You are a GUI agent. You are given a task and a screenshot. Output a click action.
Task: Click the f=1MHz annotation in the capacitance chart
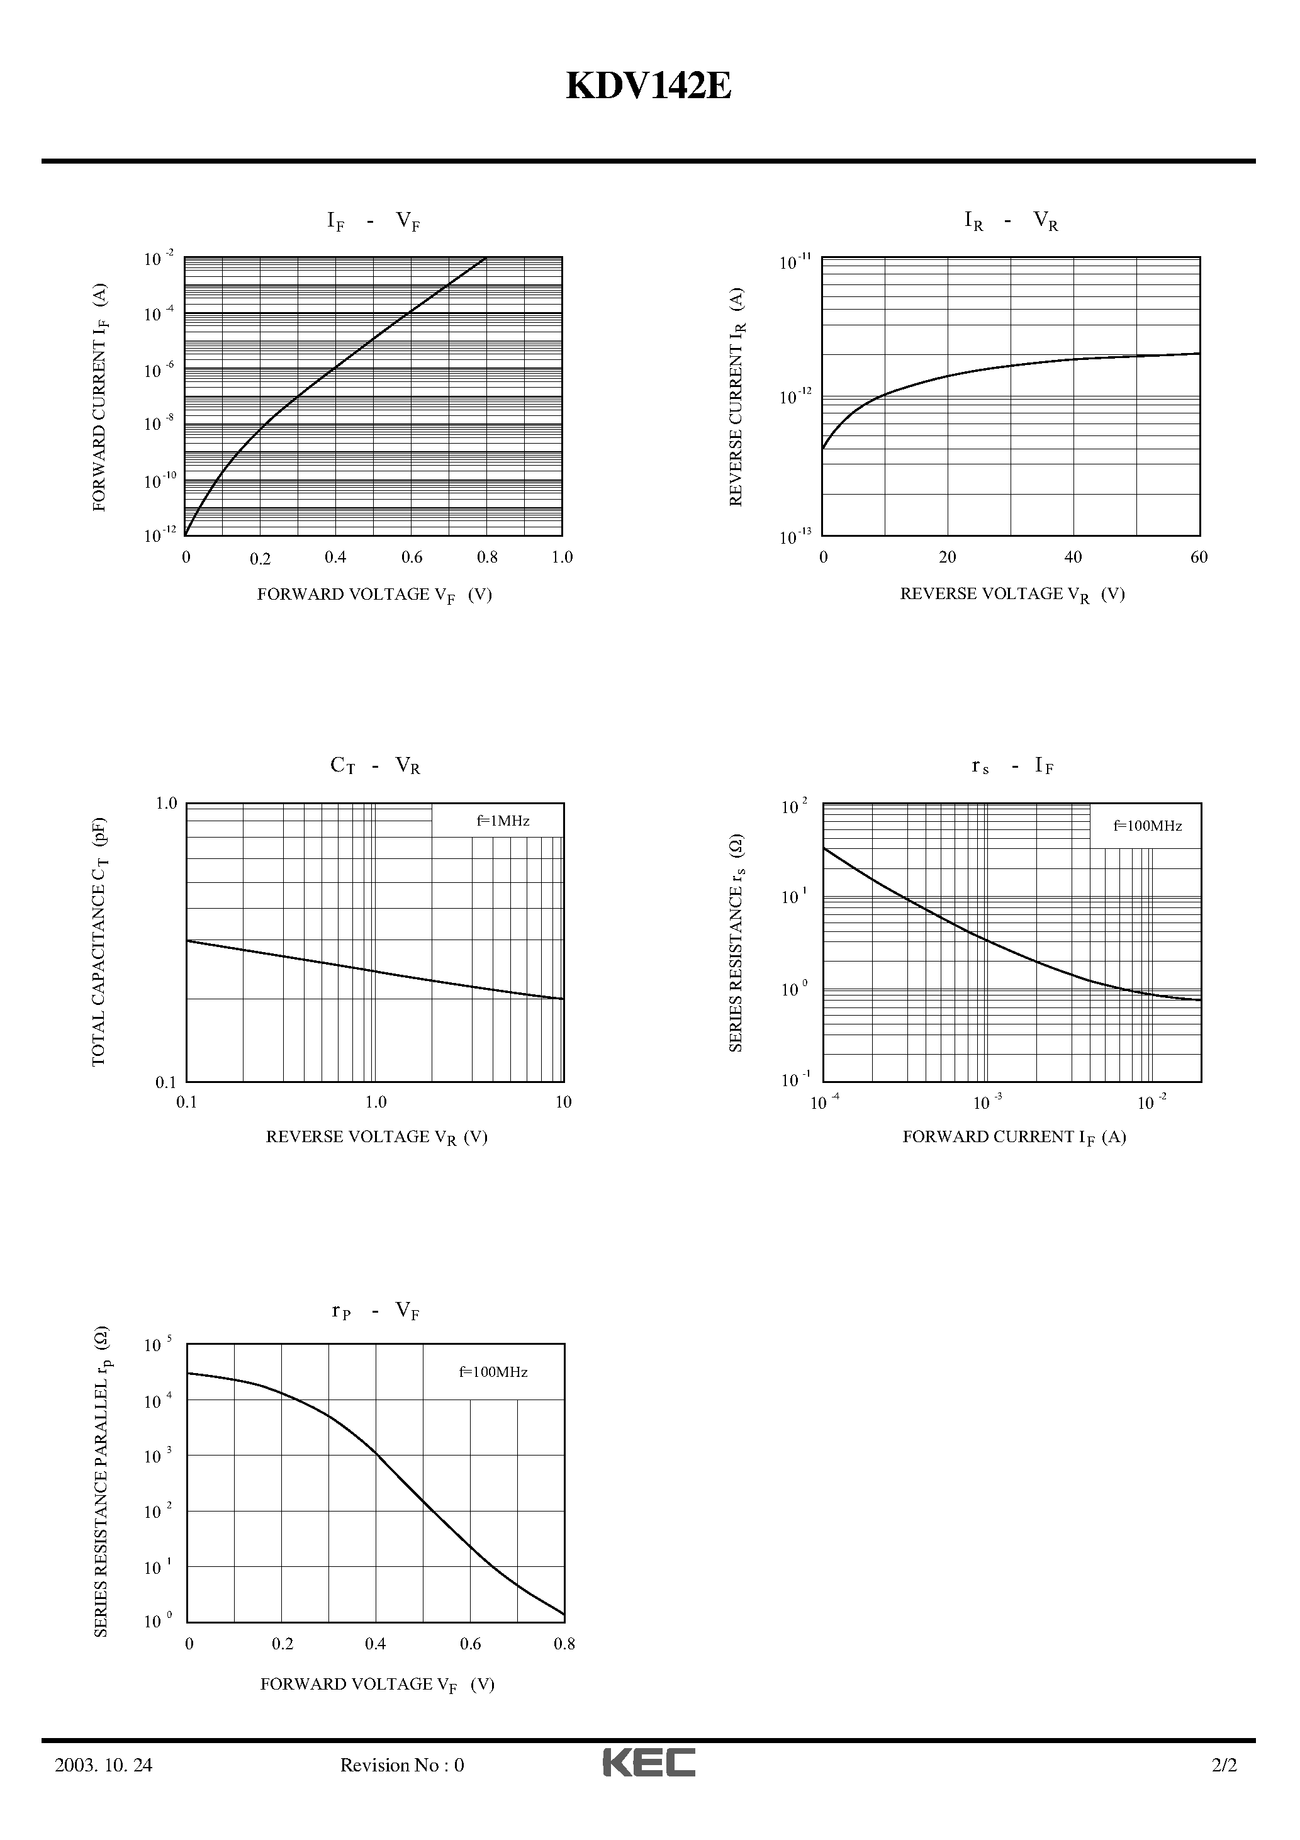[503, 821]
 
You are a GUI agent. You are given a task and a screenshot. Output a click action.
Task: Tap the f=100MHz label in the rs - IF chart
[1148, 826]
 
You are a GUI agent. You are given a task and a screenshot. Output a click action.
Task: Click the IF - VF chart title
[374, 221]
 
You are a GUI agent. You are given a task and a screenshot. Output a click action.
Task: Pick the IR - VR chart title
[1011, 220]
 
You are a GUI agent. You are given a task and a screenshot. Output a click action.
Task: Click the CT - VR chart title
[375, 766]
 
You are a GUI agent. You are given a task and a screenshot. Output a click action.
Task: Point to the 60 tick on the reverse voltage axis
[1199, 558]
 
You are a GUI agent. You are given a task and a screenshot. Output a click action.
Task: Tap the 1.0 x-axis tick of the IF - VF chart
[562, 558]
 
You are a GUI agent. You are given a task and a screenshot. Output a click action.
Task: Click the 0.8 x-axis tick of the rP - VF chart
[564, 1644]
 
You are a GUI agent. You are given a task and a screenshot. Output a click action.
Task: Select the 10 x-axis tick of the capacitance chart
[563, 1102]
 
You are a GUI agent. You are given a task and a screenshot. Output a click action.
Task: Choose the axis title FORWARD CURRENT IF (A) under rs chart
[1014, 1137]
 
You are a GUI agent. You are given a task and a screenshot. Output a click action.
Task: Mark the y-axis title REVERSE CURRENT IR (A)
[737, 396]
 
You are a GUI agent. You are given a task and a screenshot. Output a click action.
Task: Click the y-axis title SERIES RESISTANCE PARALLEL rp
[102, 1483]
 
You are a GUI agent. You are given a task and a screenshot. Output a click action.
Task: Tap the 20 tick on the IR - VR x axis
[948, 558]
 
